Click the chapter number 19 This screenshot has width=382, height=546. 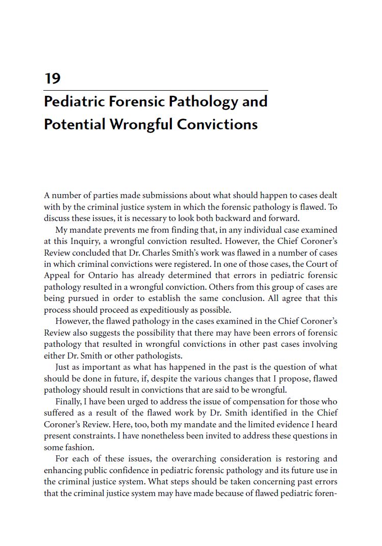(53, 78)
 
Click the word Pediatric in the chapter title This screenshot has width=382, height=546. (75, 101)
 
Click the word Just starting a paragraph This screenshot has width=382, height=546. (63, 367)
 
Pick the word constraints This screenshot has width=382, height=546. (98, 436)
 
